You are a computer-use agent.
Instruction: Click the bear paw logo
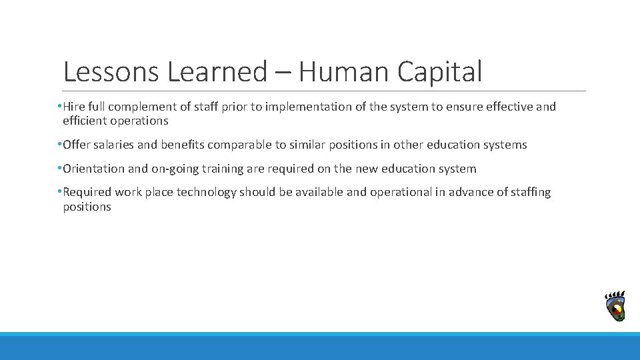click(615, 307)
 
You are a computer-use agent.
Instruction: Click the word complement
click(139, 107)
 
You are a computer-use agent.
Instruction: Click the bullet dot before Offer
click(59, 144)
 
